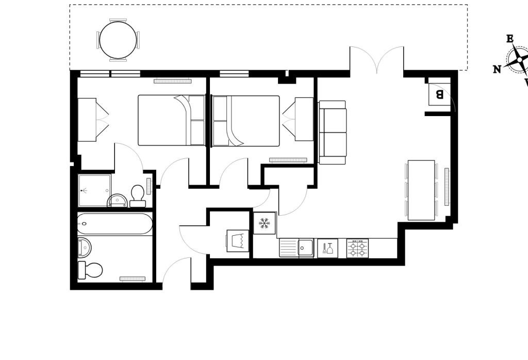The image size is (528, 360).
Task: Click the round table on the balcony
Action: coord(118,40)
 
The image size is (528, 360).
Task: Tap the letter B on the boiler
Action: coord(439,94)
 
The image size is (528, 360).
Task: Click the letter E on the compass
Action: coord(509,39)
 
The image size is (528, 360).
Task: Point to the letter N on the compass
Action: coord(497,70)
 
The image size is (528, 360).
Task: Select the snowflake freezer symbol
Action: coord(264,223)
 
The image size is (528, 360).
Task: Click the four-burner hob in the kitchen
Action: coord(357,248)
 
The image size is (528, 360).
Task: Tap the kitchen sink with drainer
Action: coord(297,248)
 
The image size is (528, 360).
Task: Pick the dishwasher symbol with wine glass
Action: coord(327,248)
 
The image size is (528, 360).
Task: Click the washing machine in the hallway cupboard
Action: coord(238,241)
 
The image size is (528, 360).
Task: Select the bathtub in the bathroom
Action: coord(115,224)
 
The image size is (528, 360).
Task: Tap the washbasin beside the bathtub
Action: coord(84,248)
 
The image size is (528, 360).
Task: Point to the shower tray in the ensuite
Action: coord(94,190)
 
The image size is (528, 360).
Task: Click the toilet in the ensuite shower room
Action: coord(138,195)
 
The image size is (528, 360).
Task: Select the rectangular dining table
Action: coord(421,190)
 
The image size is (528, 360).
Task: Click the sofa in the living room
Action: coord(333,133)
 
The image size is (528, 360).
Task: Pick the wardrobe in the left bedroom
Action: coord(87,120)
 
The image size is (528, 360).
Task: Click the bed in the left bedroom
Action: coord(171,120)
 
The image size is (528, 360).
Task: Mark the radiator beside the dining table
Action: coord(447,186)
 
